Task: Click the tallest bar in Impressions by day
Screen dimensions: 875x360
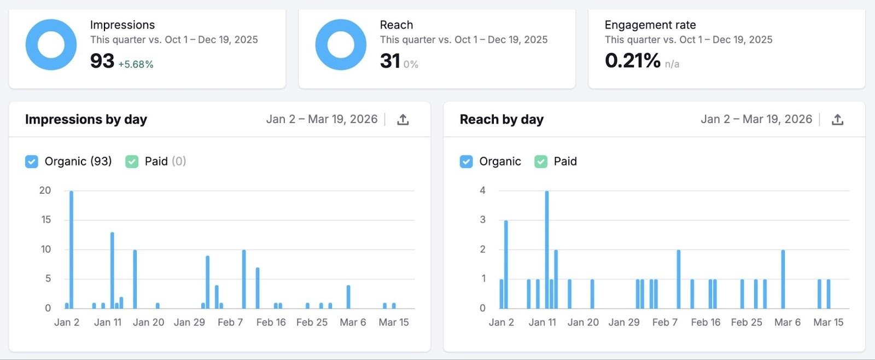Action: pos(71,249)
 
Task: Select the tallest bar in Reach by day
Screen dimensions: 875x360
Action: pos(546,249)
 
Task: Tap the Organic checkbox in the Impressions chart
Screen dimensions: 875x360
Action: pos(32,161)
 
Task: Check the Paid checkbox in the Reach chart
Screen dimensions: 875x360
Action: pos(541,161)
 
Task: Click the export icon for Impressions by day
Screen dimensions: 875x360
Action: pos(403,119)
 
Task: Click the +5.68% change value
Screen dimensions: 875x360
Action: pos(136,64)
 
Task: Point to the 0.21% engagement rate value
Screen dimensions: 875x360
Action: pos(632,60)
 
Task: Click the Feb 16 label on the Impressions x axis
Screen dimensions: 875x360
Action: pos(271,322)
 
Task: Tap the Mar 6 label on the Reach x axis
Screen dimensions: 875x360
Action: pos(787,322)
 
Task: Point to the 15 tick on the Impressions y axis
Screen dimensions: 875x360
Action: pos(45,220)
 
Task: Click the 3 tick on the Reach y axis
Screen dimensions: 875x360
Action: pos(482,220)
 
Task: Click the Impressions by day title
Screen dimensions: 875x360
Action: pos(86,119)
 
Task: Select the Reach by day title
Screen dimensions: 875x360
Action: pos(501,119)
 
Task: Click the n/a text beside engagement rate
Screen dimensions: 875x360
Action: pos(672,64)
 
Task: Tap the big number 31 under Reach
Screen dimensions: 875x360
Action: pos(390,61)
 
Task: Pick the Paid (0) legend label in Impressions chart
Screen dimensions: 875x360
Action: pos(165,161)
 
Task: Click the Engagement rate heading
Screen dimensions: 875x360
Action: pos(650,25)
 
